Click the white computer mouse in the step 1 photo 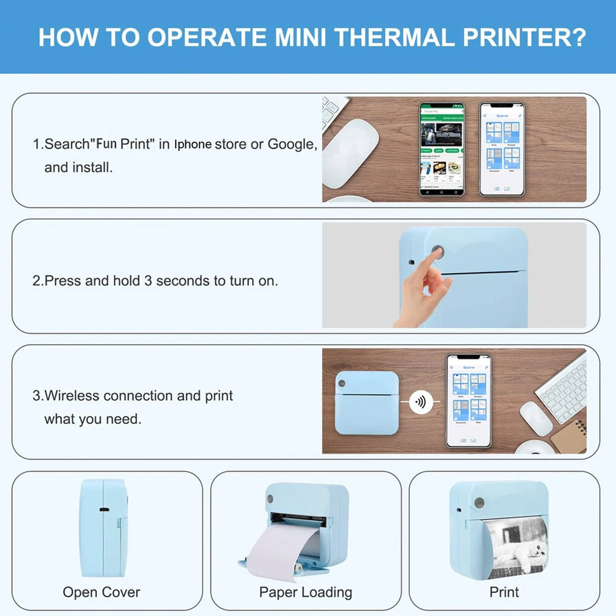350,153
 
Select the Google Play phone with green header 442,149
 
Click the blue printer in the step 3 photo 366,402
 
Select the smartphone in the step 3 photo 469,401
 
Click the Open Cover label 101,592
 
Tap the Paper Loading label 306,592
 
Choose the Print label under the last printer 504,592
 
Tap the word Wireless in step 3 72,396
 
